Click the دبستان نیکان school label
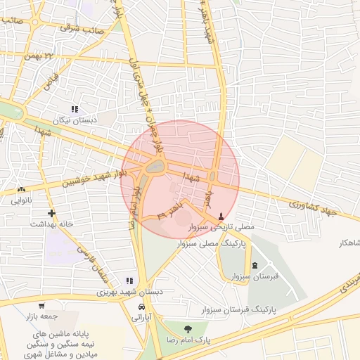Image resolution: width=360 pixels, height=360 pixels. (x=73, y=120)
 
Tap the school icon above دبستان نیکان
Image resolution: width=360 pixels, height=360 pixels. (x=74, y=109)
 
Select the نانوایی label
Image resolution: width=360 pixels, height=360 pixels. (x=20, y=200)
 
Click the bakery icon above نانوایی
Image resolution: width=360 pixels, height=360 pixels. (x=21, y=189)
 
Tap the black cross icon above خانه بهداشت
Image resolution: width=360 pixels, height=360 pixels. (x=51, y=213)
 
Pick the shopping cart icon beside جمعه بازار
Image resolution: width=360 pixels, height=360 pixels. (x=42, y=305)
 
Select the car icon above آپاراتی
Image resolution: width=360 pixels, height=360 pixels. (x=141, y=308)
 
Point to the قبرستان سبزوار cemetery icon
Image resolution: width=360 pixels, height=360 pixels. (x=254, y=265)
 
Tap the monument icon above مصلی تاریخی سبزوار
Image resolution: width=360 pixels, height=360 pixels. (x=223, y=216)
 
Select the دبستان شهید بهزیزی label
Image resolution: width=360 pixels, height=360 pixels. (x=129, y=291)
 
